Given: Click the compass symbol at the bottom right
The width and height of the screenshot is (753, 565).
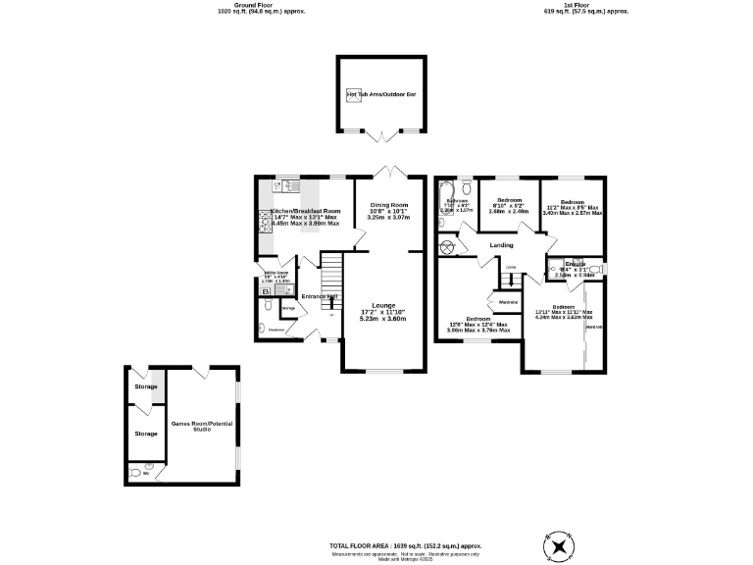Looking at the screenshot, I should click(560, 547).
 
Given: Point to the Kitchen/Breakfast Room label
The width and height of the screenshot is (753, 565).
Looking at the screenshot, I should click(305, 211).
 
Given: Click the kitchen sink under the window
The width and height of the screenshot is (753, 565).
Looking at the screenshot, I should click(291, 183).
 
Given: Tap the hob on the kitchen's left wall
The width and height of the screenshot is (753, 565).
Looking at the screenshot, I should click(263, 225).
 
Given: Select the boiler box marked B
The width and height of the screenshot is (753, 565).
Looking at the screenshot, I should click(265, 291).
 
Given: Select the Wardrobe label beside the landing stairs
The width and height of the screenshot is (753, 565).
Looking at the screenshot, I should click(507, 302).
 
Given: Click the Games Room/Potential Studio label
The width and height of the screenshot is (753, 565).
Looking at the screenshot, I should click(200, 426).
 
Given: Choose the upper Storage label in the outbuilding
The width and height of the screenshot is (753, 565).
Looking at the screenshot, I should click(145, 386).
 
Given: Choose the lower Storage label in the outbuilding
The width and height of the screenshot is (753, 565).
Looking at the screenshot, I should click(145, 433).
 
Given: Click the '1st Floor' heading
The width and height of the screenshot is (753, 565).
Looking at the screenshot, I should click(585, 5).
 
